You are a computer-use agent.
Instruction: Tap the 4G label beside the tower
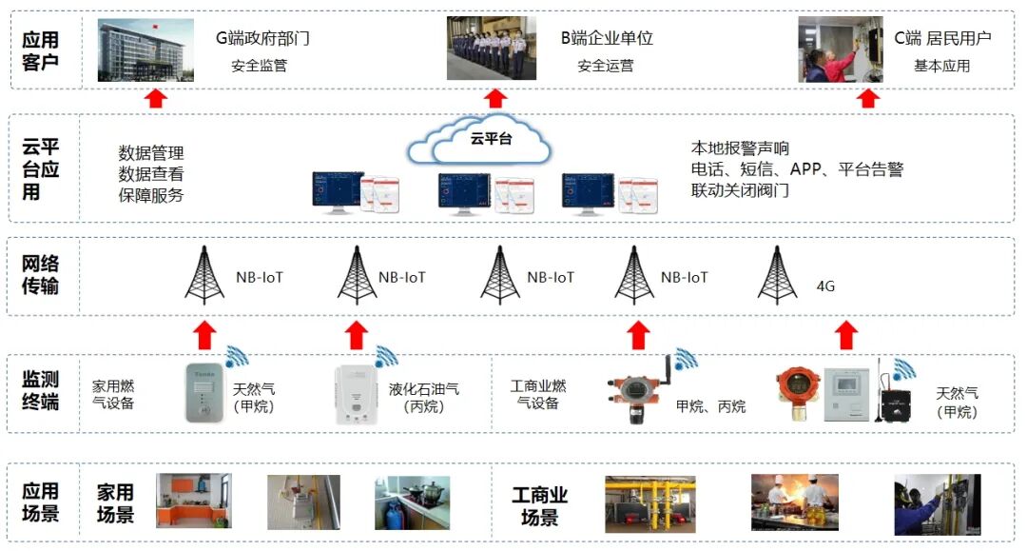(x=825, y=285)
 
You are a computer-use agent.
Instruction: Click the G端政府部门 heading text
(x=262, y=39)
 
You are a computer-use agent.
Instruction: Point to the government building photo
(x=145, y=49)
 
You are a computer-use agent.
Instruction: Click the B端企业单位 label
(x=606, y=39)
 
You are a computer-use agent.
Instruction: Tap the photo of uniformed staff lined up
(x=491, y=49)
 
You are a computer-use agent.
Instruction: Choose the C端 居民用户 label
(x=942, y=39)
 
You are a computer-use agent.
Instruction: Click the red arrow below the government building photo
(x=157, y=99)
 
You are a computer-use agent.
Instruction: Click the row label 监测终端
(x=41, y=391)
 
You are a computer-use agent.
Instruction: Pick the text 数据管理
(x=151, y=153)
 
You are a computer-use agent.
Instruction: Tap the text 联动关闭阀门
(x=740, y=190)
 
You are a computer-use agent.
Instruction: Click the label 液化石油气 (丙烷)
(x=424, y=398)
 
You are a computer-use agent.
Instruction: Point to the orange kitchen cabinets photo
(x=193, y=502)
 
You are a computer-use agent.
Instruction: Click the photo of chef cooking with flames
(x=795, y=502)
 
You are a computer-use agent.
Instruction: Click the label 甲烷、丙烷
(x=710, y=406)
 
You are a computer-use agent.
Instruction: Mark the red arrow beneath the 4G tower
(x=846, y=335)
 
